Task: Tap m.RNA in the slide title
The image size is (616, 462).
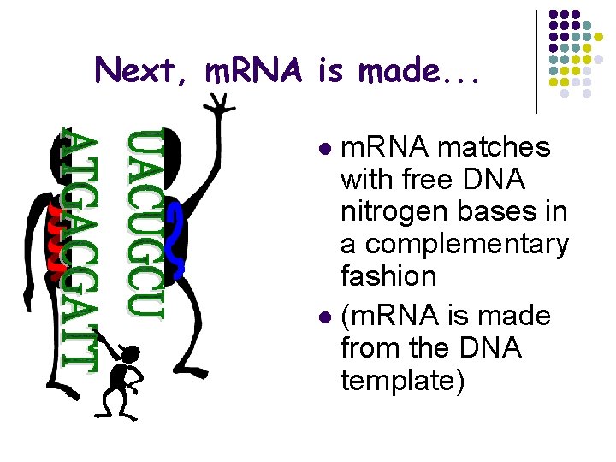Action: [x=256, y=70]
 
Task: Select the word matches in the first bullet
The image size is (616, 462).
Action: [x=494, y=148]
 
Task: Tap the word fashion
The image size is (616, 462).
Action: [x=388, y=276]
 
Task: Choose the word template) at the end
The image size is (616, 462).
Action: [x=402, y=380]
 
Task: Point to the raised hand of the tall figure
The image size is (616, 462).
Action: [x=221, y=104]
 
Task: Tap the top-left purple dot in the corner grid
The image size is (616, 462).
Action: [x=553, y=15]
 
